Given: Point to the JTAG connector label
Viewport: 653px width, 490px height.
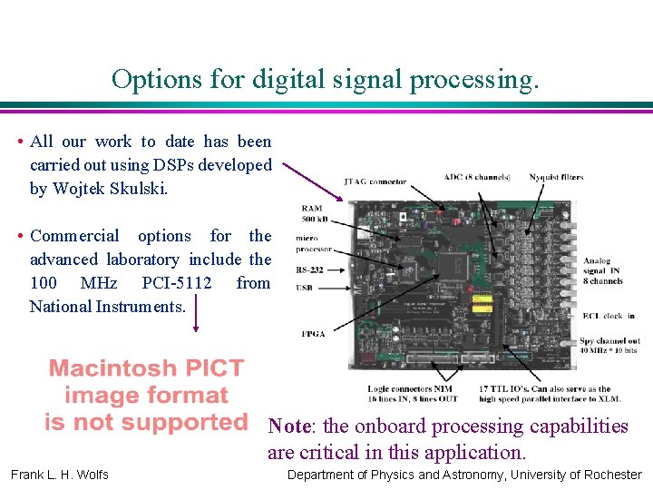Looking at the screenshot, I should (375, 181).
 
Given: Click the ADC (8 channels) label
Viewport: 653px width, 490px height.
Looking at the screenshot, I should (476, 177).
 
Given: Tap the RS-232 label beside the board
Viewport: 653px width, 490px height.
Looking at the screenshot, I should (310, 269).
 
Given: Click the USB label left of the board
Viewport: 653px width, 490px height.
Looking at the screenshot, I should (306, 288).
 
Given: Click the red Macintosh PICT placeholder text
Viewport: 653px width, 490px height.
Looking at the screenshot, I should (146, 395).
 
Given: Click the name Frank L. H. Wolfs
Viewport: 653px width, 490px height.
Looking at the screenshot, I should (60, 475).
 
